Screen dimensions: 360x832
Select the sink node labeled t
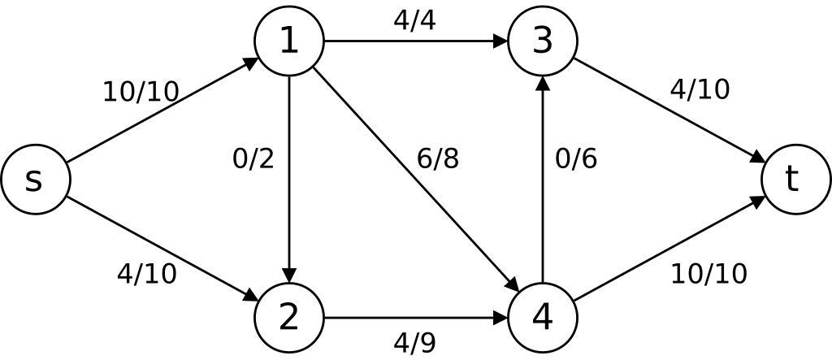pyautogui.click(x=795, y=180)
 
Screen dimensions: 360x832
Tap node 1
pyautogui.click(x=289, y=41)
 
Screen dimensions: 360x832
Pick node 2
pyautogui.click(x=289, y=317)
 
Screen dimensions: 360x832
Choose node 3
pyautogui.click(x=542, y=41)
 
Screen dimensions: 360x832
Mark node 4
pyautogui.click(x=542, y=317)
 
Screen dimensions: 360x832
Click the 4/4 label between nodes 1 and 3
pyautogui.click(x=414, y=20)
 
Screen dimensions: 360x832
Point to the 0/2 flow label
pyautogui.click(x=253, y=158)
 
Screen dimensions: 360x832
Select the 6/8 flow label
pyautogui.click(x=438, y=158)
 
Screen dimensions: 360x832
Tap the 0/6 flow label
pyautogui.click(x=576, y=158)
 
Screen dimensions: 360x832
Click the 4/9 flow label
pyautogui.click(x=414, y=343)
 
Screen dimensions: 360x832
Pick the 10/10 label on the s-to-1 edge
pyautogui.click(x=141, y=92)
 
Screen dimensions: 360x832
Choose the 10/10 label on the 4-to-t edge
pyautogui.click(x=708, y=274)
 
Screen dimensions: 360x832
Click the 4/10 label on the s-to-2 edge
pyautogui.click(x=147, y=274)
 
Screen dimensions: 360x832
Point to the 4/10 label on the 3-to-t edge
pyautogui.click(x=700, y=89)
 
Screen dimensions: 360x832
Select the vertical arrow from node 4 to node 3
pyautogui.click(x=542, y=195)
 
